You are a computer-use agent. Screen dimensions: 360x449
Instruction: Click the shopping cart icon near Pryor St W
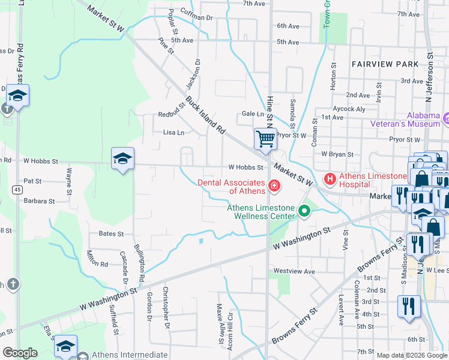265,139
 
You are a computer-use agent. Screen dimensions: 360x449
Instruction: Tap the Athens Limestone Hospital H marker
330,179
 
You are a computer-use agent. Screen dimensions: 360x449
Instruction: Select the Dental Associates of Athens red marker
274,186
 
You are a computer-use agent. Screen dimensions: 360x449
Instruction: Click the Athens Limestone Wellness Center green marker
304,211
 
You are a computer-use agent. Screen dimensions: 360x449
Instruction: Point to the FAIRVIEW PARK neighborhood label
385,64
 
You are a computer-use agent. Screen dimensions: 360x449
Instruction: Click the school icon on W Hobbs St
122,159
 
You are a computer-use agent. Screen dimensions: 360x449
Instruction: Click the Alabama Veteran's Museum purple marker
445,119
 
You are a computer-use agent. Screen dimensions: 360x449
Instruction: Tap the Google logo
20,353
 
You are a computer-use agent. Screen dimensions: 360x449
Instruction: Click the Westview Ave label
294,271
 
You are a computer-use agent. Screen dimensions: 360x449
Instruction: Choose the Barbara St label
39,202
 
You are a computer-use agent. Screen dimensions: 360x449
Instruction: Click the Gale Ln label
253,113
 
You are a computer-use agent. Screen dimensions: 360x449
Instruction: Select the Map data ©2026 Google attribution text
411,355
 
